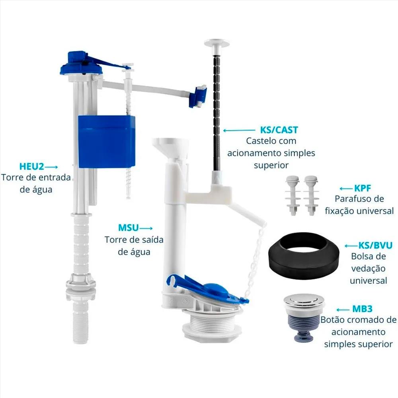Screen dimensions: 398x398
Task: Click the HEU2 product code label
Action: click(32, 166)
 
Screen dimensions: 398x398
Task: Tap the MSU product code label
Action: click(129, 228)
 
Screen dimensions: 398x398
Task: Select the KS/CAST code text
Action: click(279, 130)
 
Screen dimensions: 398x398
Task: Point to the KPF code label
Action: click(363, 188)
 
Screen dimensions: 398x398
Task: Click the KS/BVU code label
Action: click(375, 246)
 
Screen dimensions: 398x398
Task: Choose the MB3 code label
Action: click(362, 309)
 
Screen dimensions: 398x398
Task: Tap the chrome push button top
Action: click(304, 301)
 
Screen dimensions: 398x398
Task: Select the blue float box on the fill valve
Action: click(106, 142)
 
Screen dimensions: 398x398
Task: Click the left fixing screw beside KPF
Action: click(293, 195)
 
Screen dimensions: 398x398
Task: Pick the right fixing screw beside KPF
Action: click(311, 195)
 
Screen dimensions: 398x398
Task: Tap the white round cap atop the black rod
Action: click(217, 43)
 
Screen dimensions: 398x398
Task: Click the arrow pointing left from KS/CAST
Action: click(239, 131)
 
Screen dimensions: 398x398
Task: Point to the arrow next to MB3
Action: click(343, 310)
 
